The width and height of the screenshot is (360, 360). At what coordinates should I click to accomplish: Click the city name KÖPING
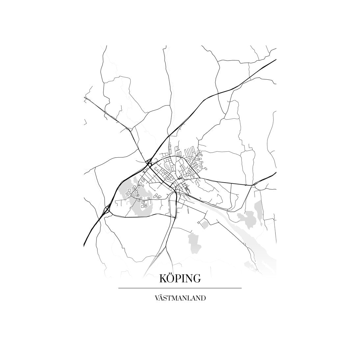click(x=180, y=278)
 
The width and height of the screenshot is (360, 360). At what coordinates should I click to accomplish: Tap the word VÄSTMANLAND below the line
click(x=180, y=298)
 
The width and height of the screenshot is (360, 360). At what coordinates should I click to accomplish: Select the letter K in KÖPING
click(x=164, y=279)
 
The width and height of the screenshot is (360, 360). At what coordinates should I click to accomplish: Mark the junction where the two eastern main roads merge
click(x=252, y=185)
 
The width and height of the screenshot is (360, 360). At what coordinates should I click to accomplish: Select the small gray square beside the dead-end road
click(x=204, y=224)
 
